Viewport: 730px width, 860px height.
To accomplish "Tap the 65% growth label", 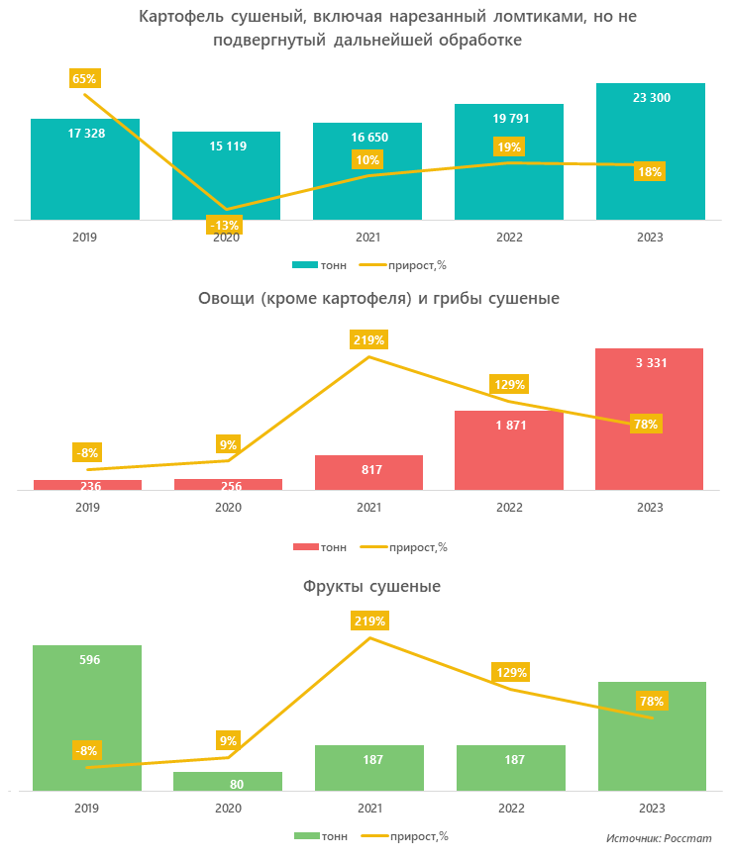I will click(85, 78).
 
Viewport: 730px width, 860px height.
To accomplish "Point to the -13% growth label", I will click(223, 225).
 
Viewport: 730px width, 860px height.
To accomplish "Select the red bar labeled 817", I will click(368, 472).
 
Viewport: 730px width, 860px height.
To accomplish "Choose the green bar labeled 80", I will click(228, 782).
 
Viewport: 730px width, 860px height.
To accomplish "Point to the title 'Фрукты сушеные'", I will click(371, 587).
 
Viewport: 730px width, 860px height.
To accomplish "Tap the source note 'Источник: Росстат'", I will click(659, 838).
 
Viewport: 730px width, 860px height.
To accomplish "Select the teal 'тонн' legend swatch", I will click(304, 265).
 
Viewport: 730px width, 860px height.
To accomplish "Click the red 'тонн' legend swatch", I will click(306, 546).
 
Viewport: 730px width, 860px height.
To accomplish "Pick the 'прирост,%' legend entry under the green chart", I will click(405, 835).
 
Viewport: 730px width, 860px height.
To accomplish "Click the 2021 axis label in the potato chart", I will click(368, 238).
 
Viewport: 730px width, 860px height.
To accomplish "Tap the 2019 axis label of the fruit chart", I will click(86, 809).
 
